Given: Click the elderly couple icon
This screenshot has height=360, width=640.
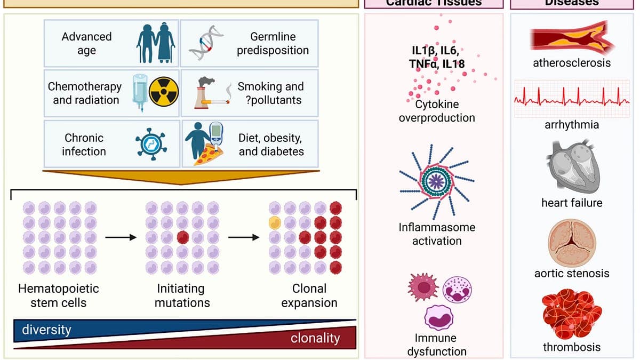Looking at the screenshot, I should (155, 43).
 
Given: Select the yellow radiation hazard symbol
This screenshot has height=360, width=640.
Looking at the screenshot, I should (162, 92).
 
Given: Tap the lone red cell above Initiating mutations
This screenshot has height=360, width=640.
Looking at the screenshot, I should (182, 236).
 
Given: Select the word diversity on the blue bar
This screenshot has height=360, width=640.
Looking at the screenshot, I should (46, 330).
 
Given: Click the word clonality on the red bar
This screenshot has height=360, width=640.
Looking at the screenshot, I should (315, 338).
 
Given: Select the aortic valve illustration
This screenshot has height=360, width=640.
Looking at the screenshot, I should (571, 243).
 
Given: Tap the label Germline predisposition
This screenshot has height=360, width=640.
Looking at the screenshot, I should (273, 44).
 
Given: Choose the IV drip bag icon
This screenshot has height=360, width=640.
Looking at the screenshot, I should (139, 91).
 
